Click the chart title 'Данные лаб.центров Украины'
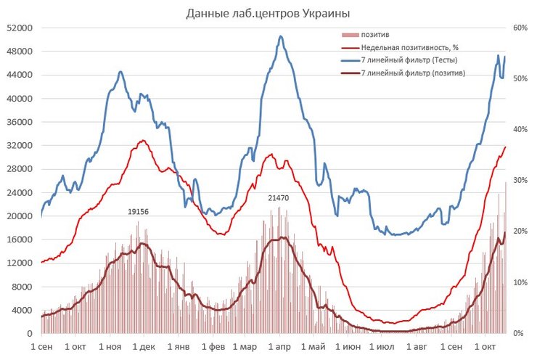(x=268, y=13)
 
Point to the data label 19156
(x=138, y=211)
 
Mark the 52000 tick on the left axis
(x=18, y=28)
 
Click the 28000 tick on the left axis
(x=18, y=169)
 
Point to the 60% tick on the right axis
(x=519, y=28)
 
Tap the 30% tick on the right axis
(x=519, y=181)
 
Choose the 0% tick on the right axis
(x=517, y=334)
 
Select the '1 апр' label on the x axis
(x=279, y=347)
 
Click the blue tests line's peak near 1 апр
(x=280, y=36)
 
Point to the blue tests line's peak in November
(x=120, y=71)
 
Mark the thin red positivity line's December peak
(x=143, y=140)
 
